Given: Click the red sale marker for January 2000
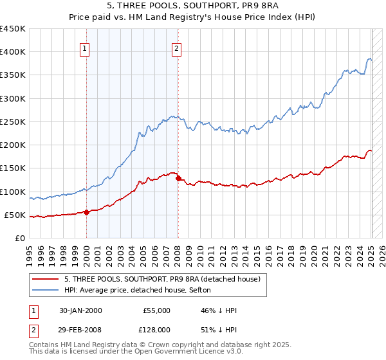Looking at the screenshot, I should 86,213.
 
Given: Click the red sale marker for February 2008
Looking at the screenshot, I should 178,179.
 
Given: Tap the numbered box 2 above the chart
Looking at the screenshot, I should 176,47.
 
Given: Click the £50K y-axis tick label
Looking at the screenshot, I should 15,215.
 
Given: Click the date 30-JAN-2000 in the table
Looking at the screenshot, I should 80,310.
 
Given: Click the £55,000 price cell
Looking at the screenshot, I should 156,310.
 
